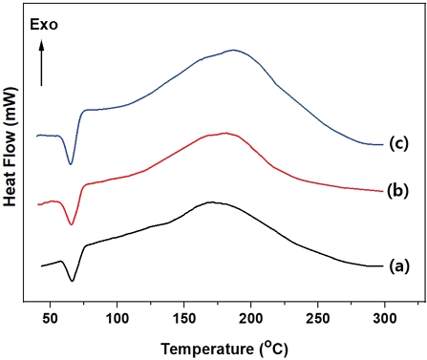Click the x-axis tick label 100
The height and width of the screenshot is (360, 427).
pos(117,316)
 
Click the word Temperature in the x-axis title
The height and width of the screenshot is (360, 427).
pos(202,343)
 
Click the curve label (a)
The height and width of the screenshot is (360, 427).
pos(398,266)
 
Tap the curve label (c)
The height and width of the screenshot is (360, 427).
pos(398,144)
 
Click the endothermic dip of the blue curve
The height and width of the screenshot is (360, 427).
pos(71,163)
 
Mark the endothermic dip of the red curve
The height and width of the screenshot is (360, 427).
pos(71,223)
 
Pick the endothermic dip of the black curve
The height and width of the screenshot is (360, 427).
pos(72,281)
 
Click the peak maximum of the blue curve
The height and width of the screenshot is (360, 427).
pos(232,51)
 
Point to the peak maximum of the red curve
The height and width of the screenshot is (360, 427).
pos(224,134)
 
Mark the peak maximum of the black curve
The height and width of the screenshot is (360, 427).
pos(211,202)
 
